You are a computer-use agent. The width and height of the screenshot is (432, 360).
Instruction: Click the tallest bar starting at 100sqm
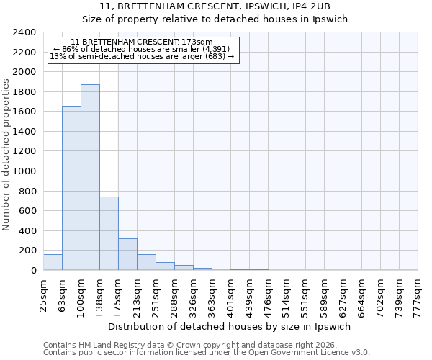[x=90, y=177]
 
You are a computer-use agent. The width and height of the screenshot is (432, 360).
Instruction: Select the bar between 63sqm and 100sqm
[x=71, y=188]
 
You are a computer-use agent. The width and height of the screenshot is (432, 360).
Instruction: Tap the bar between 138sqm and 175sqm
[x=109, y=233]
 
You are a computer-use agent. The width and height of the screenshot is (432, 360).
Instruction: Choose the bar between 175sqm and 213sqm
[x=127, y=254]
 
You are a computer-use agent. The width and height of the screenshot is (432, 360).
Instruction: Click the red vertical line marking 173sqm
[x=117, y=158]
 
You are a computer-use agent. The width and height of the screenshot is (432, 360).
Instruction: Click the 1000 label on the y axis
[x=26, y=171]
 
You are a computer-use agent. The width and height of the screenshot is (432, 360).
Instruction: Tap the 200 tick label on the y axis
[x=29, y=251]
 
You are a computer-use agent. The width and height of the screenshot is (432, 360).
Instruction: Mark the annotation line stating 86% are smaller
[x=142, y=49]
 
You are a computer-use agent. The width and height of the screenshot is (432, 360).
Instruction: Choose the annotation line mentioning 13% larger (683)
[x=142, y=56]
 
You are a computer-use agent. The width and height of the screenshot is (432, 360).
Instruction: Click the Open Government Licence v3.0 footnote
[x=207, y=352]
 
